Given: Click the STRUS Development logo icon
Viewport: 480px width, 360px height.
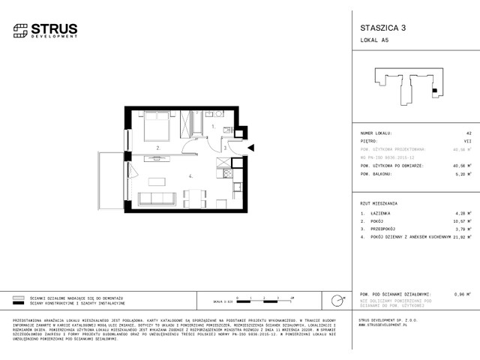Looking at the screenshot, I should [21, 30].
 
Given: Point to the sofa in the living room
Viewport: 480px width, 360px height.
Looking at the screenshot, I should [155, 198].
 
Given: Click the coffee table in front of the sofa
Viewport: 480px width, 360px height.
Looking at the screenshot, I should [156, 181].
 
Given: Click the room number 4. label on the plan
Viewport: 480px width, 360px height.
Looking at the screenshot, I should [191, 177].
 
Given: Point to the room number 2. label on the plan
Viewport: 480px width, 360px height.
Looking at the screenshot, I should [158, 148].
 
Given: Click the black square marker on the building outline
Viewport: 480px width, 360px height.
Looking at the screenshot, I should [434, 92].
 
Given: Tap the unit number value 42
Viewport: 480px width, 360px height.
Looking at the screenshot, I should [467, 131].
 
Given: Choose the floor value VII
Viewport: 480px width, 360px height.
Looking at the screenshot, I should [466, 139].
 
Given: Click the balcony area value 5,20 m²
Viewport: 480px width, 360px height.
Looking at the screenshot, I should [462, 173].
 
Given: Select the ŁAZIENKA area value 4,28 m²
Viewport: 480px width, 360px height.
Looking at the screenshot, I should [462, 214].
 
